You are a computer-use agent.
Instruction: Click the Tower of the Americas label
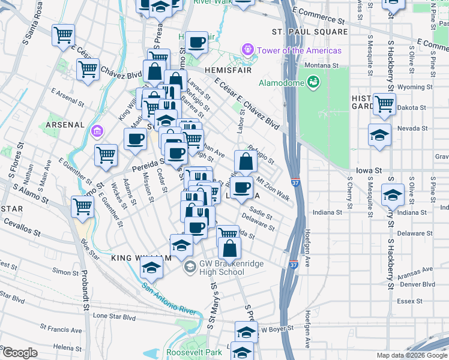pyautogui.click(x=291, y=50)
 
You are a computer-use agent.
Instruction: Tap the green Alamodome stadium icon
pyautogui.click(x=313, y=82)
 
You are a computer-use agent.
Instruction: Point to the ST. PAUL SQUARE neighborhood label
pyautogui.click(x=310, y=31)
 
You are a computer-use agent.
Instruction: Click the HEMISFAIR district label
pyautogui.click(x=218, y=70)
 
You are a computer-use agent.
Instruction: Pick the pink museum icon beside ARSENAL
pyautogui.click(x=96, y=130)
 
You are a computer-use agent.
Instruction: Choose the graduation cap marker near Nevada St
pyautogui.click(x=380, y=135)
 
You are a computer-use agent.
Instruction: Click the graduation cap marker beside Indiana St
pyautogui.click(x=393, y=194)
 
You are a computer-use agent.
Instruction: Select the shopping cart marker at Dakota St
pyautogui.click(x=384, y=103)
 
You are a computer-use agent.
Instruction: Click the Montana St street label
pyautogui.click(x=321, y=65)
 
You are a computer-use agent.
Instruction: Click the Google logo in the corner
pyautogui.click(x=20, y=353)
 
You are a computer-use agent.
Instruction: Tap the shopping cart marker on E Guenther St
pyautogui.click(x=106, y=155)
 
